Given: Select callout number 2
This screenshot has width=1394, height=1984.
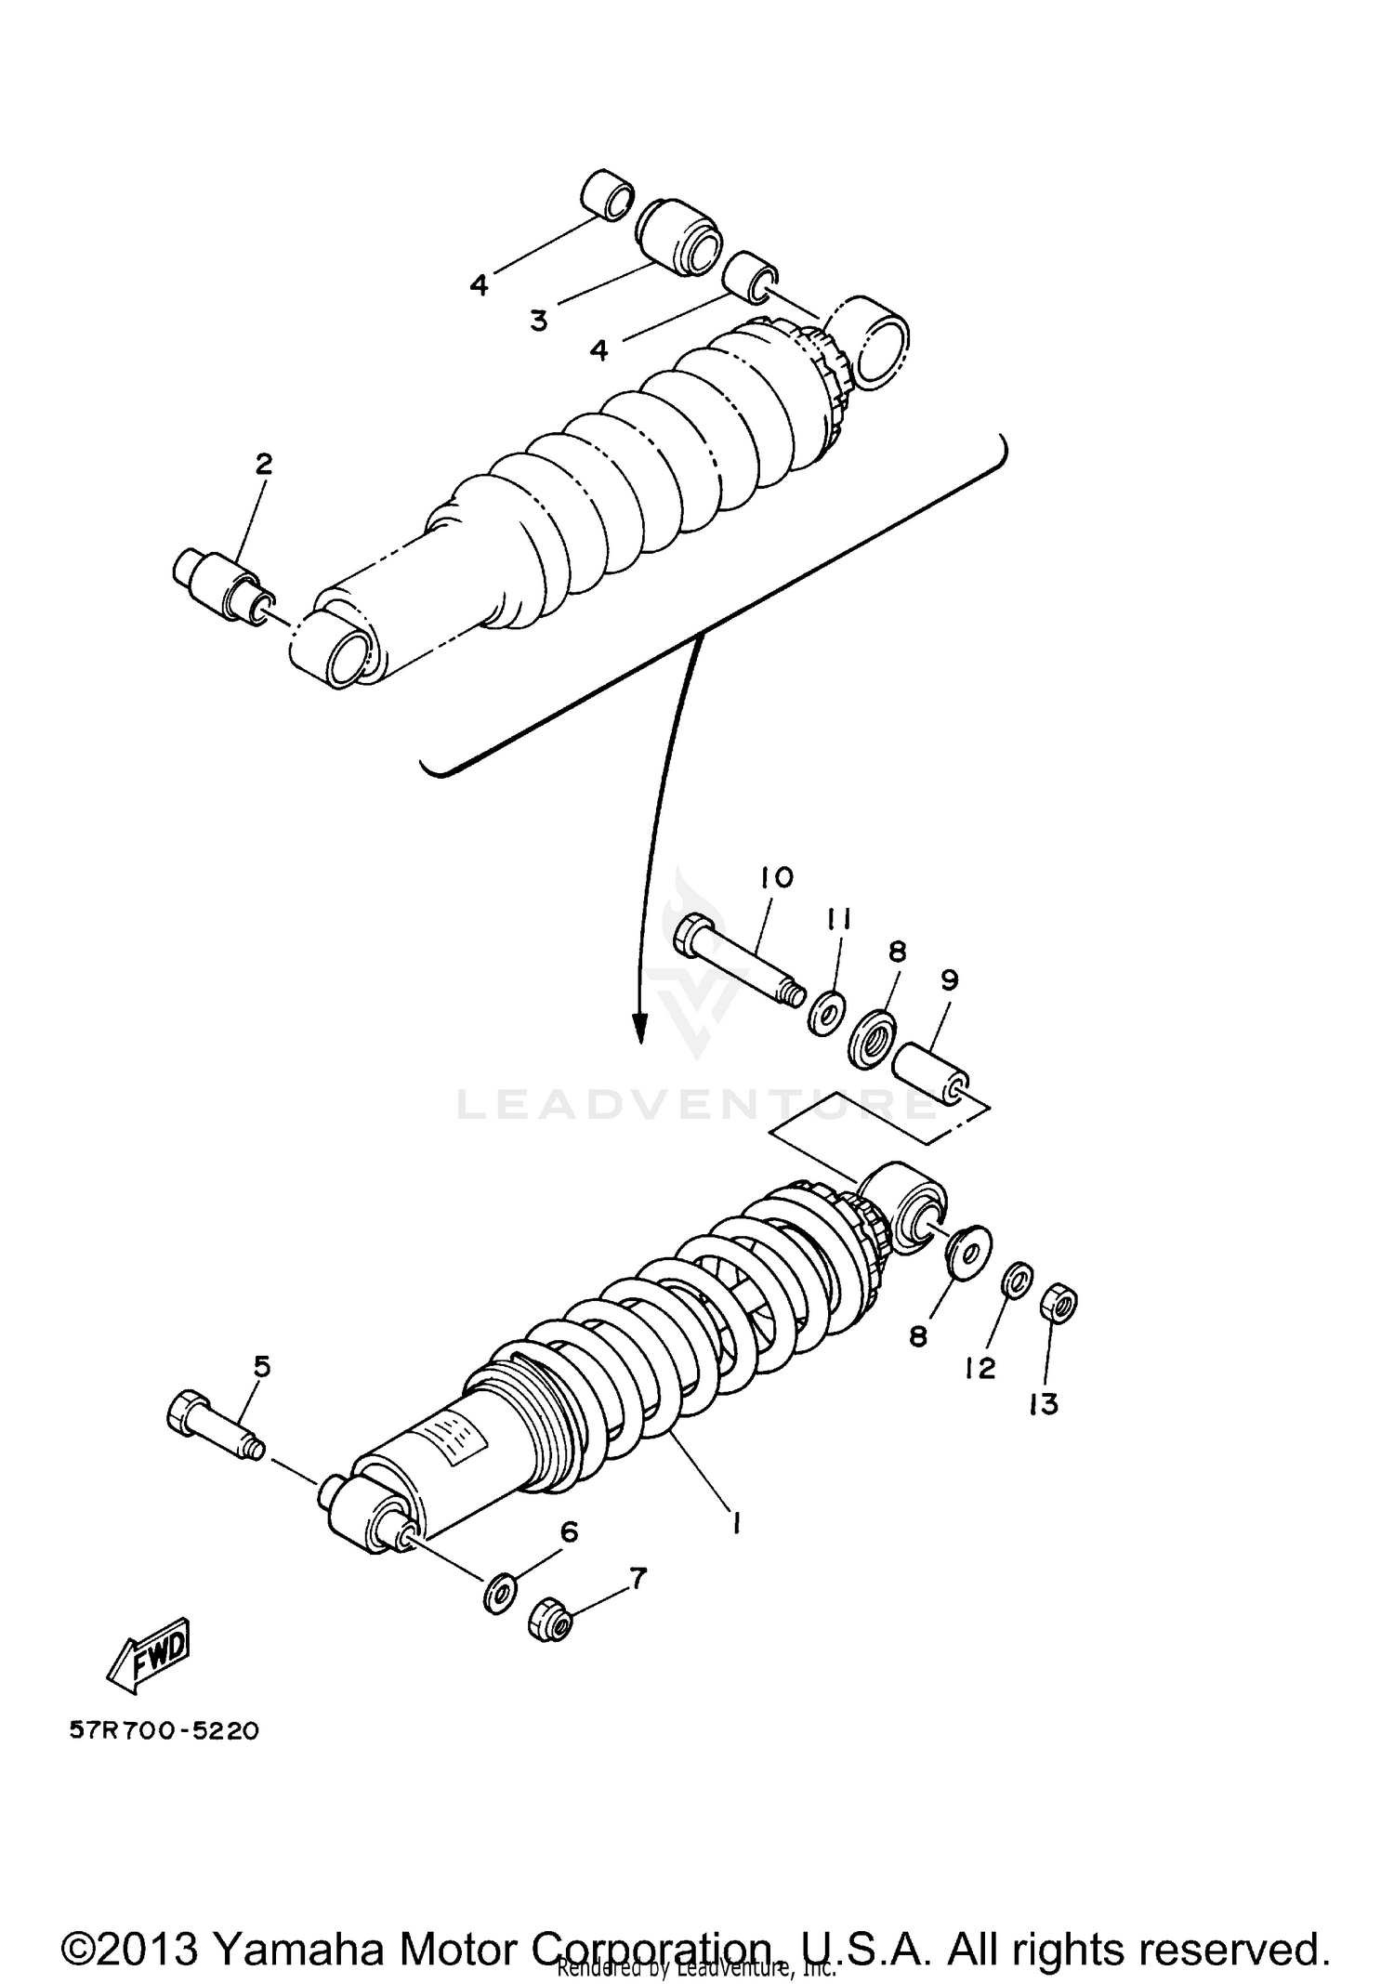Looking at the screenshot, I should point(264,464).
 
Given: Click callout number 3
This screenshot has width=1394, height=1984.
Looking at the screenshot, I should point(539,322).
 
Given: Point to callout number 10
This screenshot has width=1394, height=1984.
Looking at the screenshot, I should point(776,876).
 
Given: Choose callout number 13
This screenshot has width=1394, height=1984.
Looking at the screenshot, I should point(1044,1404).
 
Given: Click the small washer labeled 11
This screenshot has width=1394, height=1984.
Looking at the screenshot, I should point(825,1011).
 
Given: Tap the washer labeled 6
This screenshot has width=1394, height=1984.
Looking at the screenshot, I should point(500,1594).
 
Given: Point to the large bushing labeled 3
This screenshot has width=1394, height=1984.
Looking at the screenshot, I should point(681,237).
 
